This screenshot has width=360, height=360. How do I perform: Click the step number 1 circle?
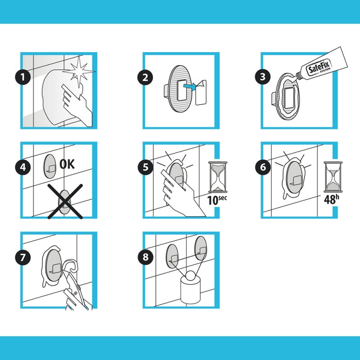click(x=23, y=77)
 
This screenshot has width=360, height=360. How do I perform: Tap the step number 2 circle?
click(x=145, y=77)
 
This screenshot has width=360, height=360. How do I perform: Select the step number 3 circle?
click(x=263, y=76)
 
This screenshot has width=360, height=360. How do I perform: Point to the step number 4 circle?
click(x=23, y=167)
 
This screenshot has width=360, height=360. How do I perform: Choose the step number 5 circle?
click(x=145, y=167)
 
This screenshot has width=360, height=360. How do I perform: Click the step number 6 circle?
click(x=263, y=167)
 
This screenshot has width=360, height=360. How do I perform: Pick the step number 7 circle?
click(x=23, y=257)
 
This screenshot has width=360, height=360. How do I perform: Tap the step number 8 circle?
click(x=145, y=257)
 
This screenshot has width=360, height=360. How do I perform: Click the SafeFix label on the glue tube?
click(x=319, y=67)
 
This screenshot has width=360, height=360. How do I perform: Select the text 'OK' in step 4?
click(x=67, y=164)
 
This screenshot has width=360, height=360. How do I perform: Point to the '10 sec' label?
click(x=217, y=200)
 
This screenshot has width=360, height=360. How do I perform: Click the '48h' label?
click(x=331, y=199)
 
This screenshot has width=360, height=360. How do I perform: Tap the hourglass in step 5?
click(x=218, y=177)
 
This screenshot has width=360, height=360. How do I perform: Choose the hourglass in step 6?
click(x=333, y=177)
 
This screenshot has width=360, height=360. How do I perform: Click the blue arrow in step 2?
click(x=190, y=86)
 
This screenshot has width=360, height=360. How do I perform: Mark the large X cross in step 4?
click(x=65, y=201)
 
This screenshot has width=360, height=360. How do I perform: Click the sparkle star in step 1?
click(x=79, y=72)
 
